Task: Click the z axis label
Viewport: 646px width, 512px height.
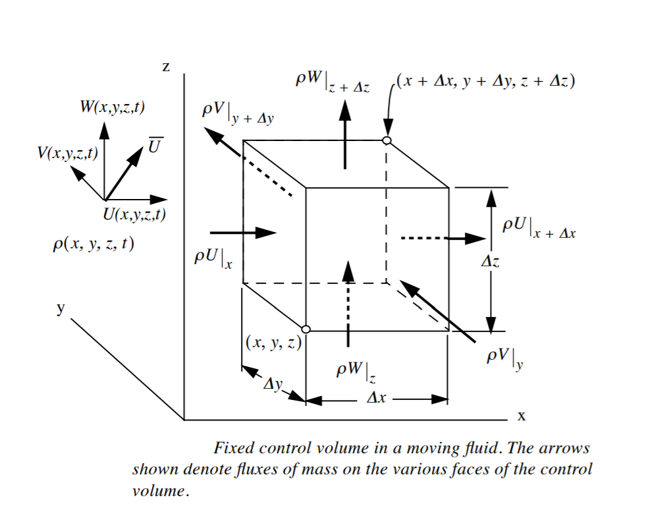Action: [166, 67]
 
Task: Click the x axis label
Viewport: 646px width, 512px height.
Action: [521, 416]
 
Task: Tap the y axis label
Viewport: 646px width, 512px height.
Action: [60, 308]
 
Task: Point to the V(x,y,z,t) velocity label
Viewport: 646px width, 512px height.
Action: [68, 154]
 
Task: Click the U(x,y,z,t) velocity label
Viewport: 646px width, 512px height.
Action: [134, 213]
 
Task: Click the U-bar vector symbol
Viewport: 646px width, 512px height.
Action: [153, 145]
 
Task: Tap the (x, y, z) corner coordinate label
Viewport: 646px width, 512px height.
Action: [273, 342]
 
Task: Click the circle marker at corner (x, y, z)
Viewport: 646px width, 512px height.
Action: [306, 329]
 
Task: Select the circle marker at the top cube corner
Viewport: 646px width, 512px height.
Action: [387, 140]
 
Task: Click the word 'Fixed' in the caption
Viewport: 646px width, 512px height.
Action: [234, 449]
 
